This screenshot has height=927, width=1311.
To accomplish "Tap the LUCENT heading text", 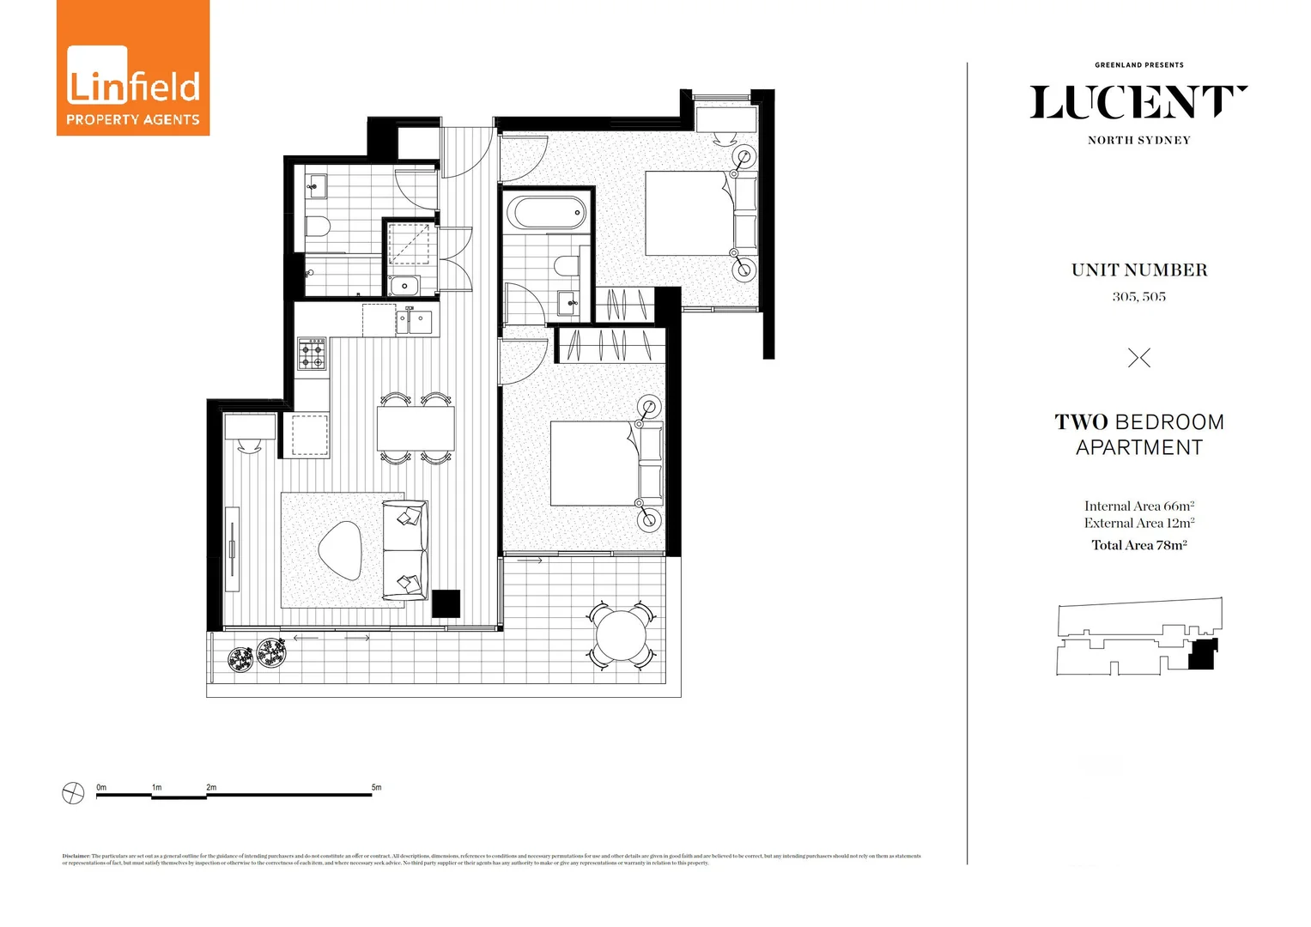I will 1138,103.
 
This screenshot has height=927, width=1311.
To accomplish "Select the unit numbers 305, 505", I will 1138,297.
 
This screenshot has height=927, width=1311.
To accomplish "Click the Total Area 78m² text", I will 1138,545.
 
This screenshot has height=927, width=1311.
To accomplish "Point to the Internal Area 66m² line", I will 1138,506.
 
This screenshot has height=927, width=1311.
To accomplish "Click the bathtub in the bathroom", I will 546,212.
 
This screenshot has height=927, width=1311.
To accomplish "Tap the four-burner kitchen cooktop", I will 312,354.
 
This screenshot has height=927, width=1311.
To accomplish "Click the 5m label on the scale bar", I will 376,787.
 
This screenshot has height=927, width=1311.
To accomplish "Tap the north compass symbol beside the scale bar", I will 74,793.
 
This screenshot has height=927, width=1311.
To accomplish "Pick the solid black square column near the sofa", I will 446,603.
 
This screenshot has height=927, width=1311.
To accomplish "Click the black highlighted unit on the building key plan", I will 1202,655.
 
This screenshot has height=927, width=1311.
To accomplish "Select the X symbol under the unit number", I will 1138,358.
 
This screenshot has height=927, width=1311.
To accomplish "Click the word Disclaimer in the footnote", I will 76,856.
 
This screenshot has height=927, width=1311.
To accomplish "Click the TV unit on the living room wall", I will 232,549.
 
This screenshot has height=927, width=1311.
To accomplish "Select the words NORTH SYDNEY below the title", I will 1138,141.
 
